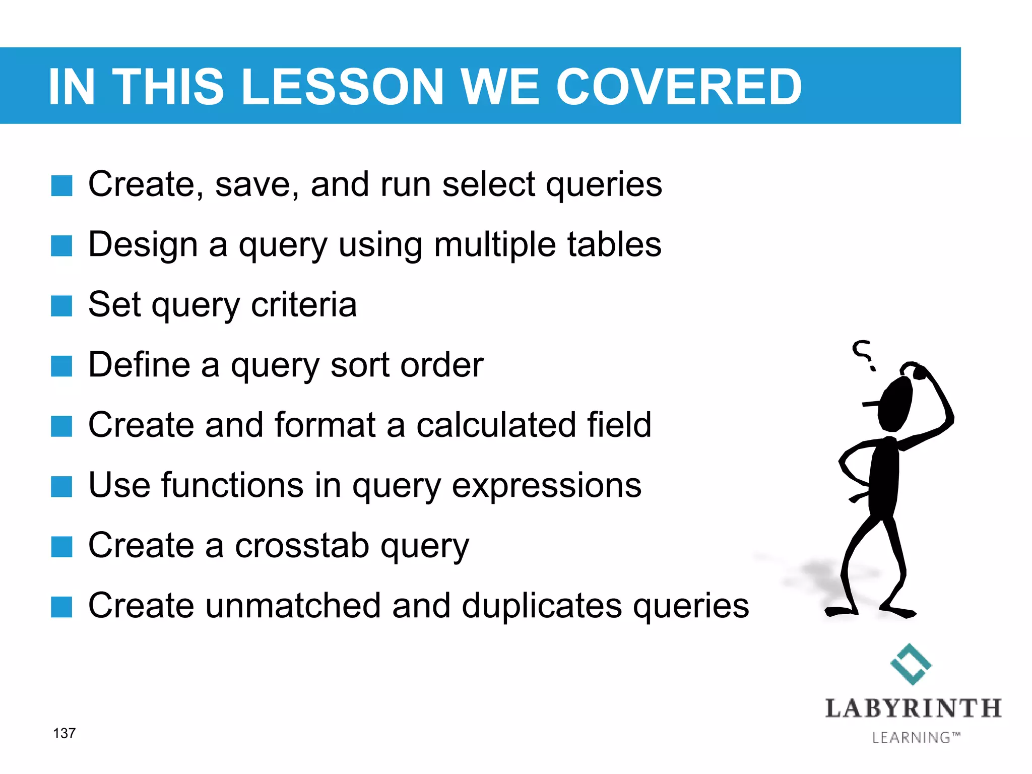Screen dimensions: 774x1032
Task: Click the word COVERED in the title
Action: (x=678, y=87)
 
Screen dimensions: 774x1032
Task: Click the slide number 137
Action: (x=64, y=733)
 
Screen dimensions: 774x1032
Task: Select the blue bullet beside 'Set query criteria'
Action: (x=62, y=306)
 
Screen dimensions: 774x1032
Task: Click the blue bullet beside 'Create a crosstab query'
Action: (x=62, y=547)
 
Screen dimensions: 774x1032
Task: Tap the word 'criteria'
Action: (x=304, y=305)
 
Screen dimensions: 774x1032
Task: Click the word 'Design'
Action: (x=143, y=245)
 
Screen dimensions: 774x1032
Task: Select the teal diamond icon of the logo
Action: (x=911, y=664)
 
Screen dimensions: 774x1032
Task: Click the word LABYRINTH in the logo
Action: (x=913, y=708)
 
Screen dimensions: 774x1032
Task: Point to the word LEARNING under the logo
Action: (x=911, y=738)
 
